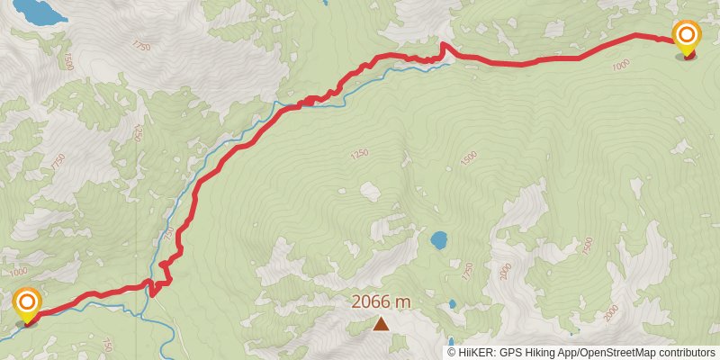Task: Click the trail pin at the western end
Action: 27,303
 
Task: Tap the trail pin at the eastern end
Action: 687,38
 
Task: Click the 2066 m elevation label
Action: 381,302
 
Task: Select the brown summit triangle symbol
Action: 382,323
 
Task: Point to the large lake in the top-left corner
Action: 38,12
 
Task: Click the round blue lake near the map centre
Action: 439,240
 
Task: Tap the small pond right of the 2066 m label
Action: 452,304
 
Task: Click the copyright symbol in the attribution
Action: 453,352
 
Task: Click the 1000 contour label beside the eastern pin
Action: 620,65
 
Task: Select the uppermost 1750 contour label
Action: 140,44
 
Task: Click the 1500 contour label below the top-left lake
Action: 67,61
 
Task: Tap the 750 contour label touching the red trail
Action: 167,233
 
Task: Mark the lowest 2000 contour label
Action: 613,312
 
